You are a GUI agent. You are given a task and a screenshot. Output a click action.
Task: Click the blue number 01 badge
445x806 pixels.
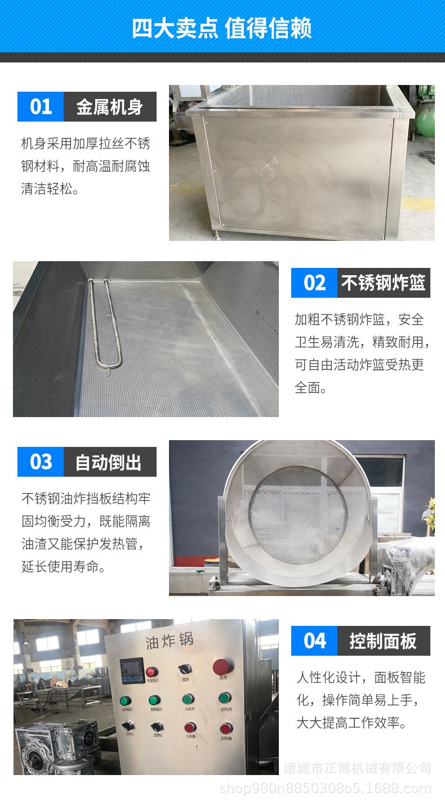point(41,106)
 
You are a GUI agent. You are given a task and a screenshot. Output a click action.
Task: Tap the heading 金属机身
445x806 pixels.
point(110,106)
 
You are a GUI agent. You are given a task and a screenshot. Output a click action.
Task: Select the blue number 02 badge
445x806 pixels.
point(314,283)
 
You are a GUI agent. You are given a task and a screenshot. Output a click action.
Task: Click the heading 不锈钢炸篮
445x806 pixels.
point(383,283)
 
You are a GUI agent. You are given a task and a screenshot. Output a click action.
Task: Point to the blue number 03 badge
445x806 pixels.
point(41,462)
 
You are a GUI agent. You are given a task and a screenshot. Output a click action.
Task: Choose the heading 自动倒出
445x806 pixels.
point(110,462)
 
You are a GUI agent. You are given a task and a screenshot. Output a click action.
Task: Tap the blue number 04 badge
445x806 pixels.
point(314,641)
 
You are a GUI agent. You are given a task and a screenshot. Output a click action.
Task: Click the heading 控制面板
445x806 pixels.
point(383,641)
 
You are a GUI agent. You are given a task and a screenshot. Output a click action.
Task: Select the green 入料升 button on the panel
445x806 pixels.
point(188,700)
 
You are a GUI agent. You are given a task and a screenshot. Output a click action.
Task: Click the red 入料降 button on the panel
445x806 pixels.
point(190,728)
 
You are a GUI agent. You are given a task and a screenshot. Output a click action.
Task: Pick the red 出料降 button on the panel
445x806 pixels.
point(225,728)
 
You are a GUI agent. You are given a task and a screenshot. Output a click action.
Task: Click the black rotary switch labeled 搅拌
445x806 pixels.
point(186,669)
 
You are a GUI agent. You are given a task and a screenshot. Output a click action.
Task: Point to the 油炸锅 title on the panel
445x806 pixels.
point(169,641)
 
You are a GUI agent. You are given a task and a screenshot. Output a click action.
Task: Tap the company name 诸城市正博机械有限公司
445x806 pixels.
point(357,768)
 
